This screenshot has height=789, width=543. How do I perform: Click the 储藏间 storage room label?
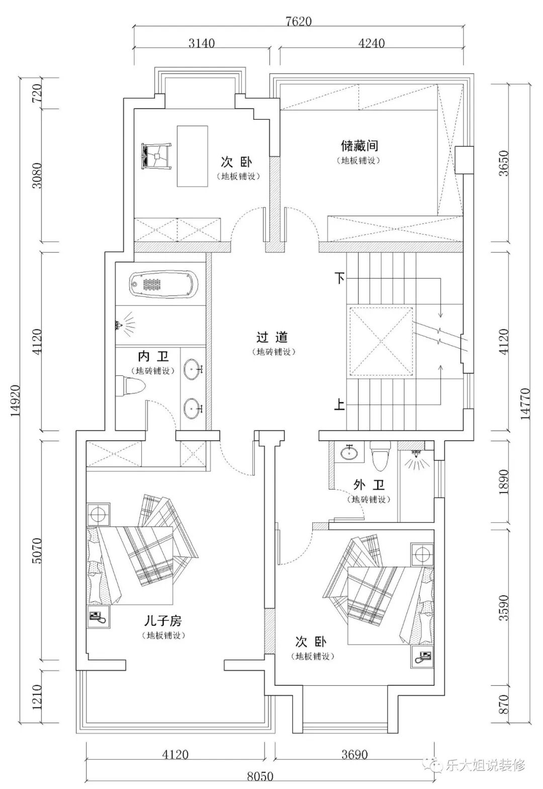pos(359,145)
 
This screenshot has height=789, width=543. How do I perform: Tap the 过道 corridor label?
pos(272,337)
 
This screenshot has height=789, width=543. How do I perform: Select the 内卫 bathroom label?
pos(153,356)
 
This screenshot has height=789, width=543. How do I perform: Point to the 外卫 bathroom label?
pos(369,485)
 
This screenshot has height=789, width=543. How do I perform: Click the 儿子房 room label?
pos(163,620)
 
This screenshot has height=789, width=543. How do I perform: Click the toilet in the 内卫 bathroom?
pos(131,385)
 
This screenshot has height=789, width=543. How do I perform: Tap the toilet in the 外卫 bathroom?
pos(380,456)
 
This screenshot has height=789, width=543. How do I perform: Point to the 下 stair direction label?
pos(339,279)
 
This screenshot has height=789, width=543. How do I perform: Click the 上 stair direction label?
pos(339,405)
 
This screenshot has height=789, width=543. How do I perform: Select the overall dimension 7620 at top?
pos(299,22)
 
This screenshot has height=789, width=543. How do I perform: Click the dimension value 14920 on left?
pos(16,401)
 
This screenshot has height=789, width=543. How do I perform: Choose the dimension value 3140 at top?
pos(201,43)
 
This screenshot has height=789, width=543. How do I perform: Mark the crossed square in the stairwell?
pos(382,341)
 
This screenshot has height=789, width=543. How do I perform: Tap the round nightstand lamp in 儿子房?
pos(98,515)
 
